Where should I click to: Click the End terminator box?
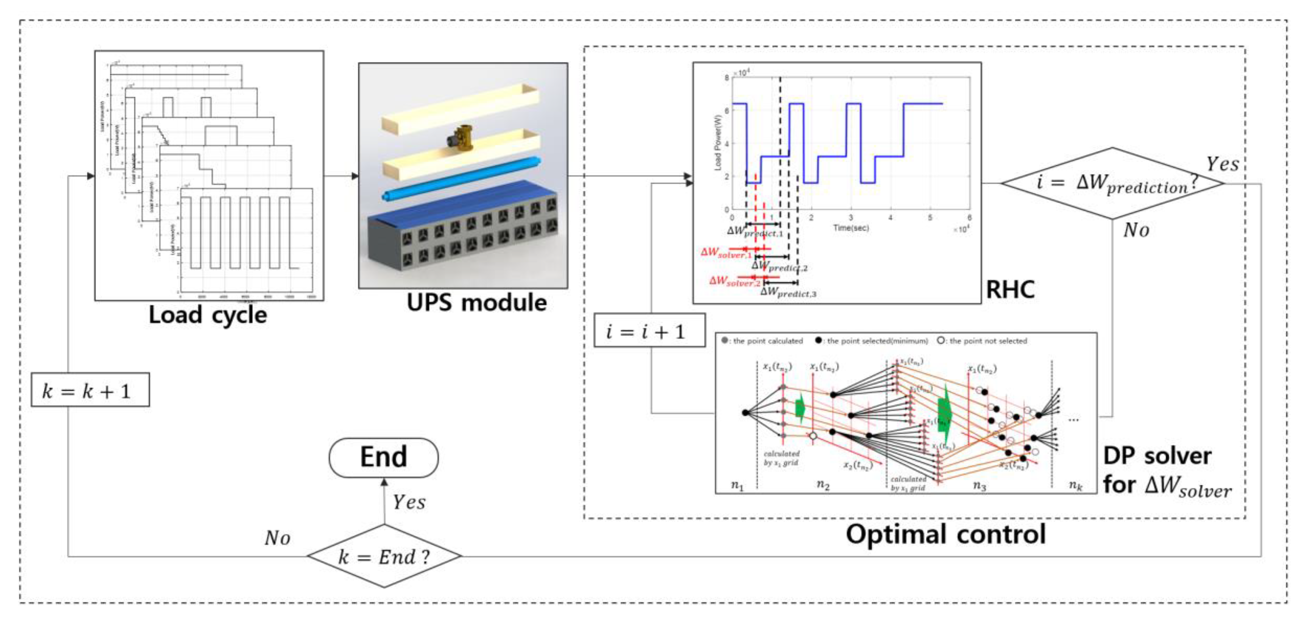click(x=383, y=457)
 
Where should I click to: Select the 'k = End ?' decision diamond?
click(x=385, y=556)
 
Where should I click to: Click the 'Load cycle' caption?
click(x=208, y=315)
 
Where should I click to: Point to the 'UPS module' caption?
click(x=476, y=303)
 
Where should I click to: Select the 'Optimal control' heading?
click(x=945, y=534)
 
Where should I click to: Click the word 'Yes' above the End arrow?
click(x=409, y=502)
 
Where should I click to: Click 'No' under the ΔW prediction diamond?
click(x=1136, y=230)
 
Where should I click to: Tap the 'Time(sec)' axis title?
click(x=851, y=228)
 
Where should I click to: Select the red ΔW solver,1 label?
click(x=725, y=252)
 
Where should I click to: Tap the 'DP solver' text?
click(x=1157, y=456)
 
